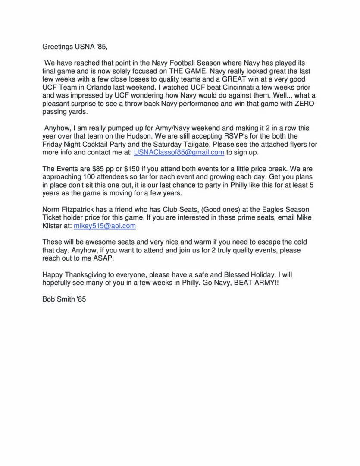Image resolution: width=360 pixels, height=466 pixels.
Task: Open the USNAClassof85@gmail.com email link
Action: click(179, 152)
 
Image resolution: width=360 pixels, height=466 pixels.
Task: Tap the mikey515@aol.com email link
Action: click(105, 226)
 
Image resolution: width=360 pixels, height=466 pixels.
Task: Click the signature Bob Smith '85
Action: click(64, 299)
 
